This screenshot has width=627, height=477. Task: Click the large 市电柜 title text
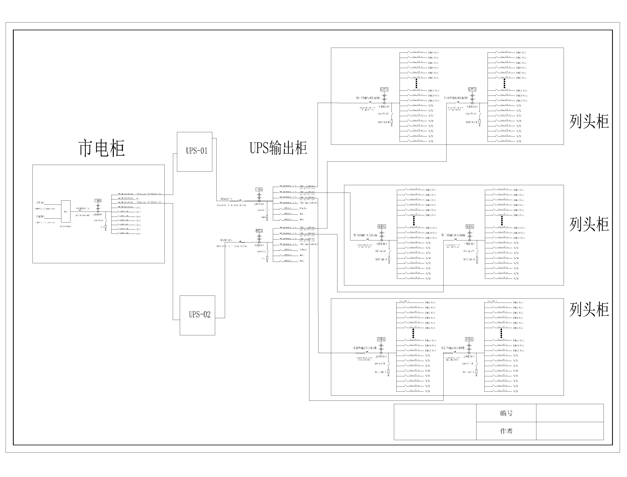coord(101,148)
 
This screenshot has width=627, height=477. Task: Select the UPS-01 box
coord(194,152)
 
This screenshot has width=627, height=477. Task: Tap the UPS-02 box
coord(197,315)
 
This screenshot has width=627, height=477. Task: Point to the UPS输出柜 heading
coord(278,148)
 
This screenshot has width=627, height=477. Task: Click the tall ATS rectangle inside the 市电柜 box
coord(66,212)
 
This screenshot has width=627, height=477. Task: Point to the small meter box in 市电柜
coord(98,200)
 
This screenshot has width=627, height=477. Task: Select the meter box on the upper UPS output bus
coord(259,189)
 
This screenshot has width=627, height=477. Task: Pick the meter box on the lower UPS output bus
coord(259,231)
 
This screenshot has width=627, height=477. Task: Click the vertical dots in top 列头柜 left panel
coord(416,84)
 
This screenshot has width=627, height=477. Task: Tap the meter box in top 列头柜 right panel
coord(472,89)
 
